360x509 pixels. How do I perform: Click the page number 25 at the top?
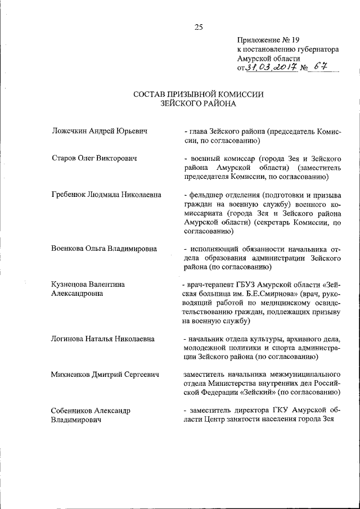(x=198, y=26)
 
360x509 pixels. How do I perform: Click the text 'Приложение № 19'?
(x=265, y=40)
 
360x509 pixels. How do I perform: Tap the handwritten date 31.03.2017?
(x=268, y=69)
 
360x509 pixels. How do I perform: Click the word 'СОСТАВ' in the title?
(x=152, y=94)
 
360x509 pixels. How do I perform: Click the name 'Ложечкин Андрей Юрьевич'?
(x=100, y=131)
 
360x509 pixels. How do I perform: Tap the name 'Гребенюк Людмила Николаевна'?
(x=106, y=195)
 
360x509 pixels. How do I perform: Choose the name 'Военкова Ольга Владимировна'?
(x=103, y=249)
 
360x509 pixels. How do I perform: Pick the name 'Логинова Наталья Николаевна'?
(x=102, y=339)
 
